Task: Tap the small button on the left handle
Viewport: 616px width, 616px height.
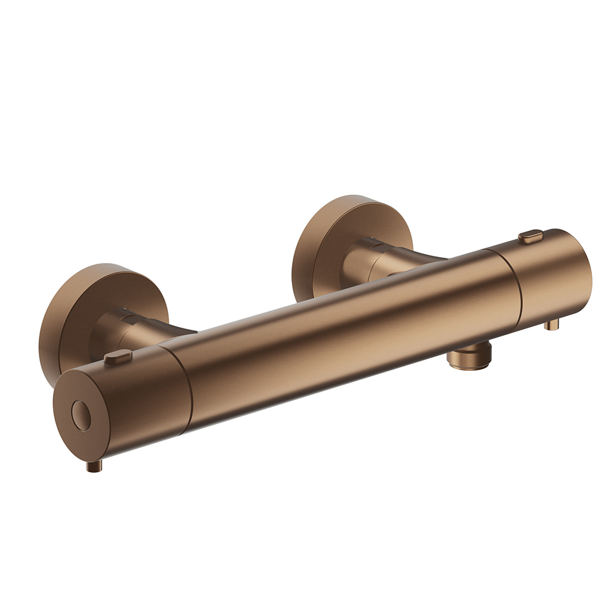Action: pyautogui.click(x=118, y=357)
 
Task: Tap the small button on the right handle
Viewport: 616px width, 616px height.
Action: pyautogui.click(x=530, y=235)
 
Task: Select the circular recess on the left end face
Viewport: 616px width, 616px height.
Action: pyautogui.click(x=81, y=415)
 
